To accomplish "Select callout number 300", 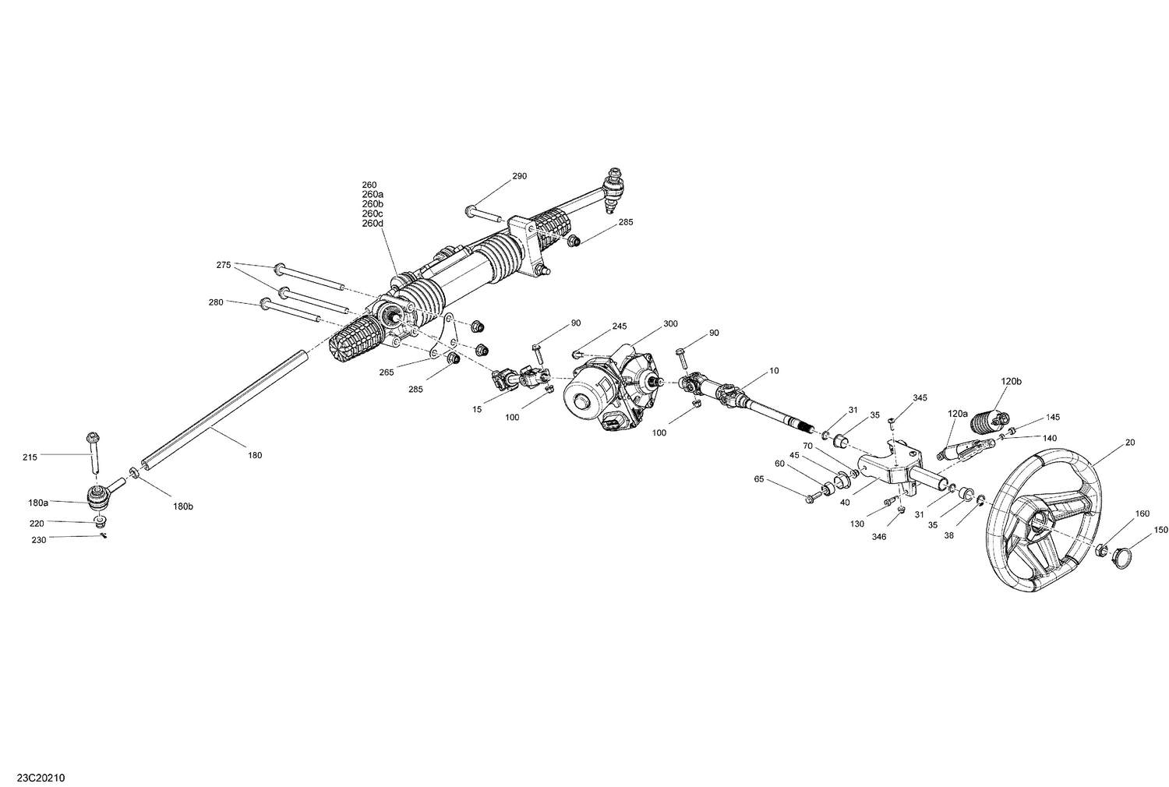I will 670,323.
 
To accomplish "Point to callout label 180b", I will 182,506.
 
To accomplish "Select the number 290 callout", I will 519,176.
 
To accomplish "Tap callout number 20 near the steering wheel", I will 1130,442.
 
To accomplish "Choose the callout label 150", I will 1161,530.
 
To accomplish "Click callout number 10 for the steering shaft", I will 774,371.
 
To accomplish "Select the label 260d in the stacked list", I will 373,224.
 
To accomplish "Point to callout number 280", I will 216,302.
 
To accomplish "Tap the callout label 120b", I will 1011,381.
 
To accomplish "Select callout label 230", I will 38,540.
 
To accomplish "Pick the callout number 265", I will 387,372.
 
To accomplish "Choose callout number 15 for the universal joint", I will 478,409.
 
